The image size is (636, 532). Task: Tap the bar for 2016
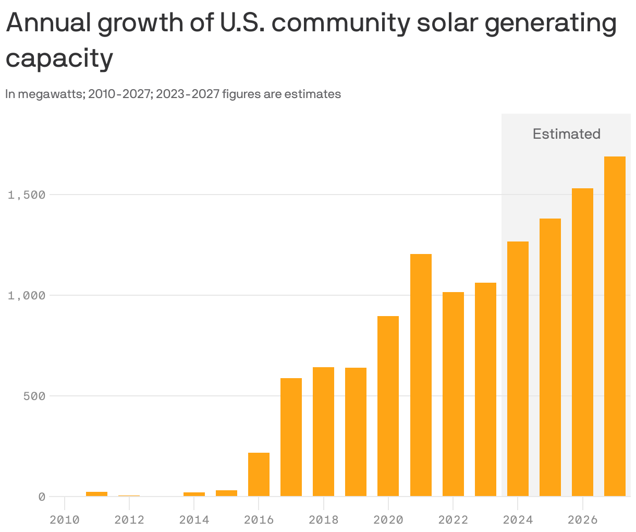pos(259,474)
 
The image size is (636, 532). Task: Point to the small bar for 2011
pos(96,493)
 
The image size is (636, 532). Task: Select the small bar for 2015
pos(226,493)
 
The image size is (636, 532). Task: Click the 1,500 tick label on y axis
pos(27,195)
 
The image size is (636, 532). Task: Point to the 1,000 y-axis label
pos(27,296)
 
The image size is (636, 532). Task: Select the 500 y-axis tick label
pos(34,396)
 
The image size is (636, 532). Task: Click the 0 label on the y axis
pos(42,497)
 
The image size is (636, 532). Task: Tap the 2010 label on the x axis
pos(65,520)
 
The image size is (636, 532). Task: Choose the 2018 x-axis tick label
pos(323,520)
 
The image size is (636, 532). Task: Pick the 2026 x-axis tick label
pos(582,520)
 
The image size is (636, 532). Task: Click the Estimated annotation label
pos(566,134)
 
